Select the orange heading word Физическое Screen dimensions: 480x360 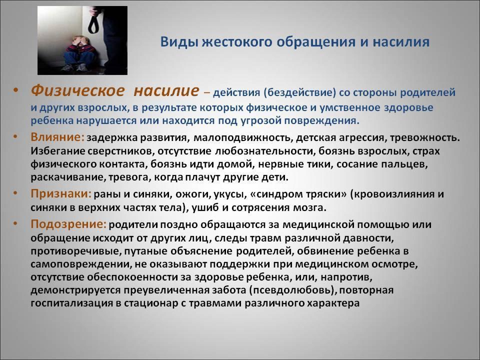click(x=78, y=90)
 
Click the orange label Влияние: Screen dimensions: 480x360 click(x=57, y=137)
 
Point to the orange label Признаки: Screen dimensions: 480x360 click(x=61, y=193)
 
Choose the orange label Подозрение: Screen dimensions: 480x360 click(x=68, y=224)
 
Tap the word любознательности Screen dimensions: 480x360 click(x=265, y=151)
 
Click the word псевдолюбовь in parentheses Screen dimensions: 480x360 click(x=292, y=290)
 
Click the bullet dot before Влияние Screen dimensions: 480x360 click(x=15, y=137)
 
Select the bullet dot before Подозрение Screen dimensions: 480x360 click(x=15, y=224)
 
